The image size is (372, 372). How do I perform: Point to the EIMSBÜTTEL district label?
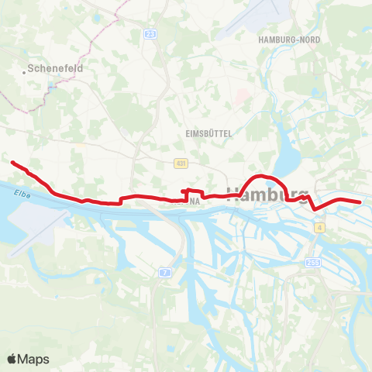click(x=209, y=133)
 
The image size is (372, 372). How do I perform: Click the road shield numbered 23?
click(x=150, y=34)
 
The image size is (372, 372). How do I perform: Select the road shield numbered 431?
click(x=180, y=164)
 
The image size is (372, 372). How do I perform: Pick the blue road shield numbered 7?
click(x=165, y=272)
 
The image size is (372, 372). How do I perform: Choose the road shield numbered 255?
click(x=313, y=263)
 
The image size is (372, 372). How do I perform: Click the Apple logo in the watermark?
click(x=13, y=359)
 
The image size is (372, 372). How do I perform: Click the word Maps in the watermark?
click(x=34, y=359)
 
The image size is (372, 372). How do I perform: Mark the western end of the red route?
click(x=12, y=162)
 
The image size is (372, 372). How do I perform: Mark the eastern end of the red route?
click(x=360, y=202)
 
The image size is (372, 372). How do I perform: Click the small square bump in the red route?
click(x=185, y=191)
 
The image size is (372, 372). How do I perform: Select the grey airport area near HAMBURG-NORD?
click(x=252, y=23)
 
